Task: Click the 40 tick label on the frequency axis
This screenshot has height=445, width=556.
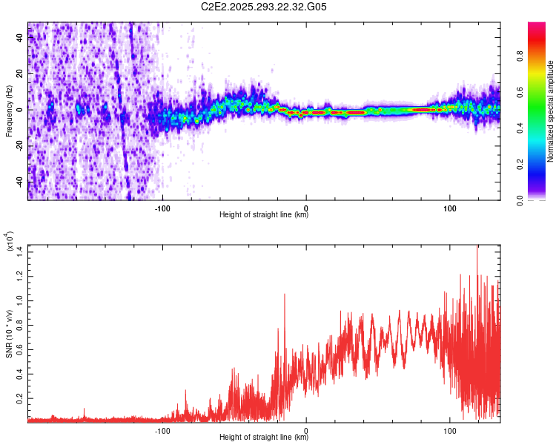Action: (20, 38)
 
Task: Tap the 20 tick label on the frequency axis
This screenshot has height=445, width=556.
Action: (20, 74)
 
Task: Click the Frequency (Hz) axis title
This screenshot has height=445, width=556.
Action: (8, 111)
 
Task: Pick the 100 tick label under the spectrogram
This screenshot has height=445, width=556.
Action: (450, 208)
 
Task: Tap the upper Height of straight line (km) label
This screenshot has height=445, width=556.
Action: (264, 215)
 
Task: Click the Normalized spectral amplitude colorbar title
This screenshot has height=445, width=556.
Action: (551, 111)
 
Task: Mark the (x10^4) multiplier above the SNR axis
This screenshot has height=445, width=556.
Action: (10, 242)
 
